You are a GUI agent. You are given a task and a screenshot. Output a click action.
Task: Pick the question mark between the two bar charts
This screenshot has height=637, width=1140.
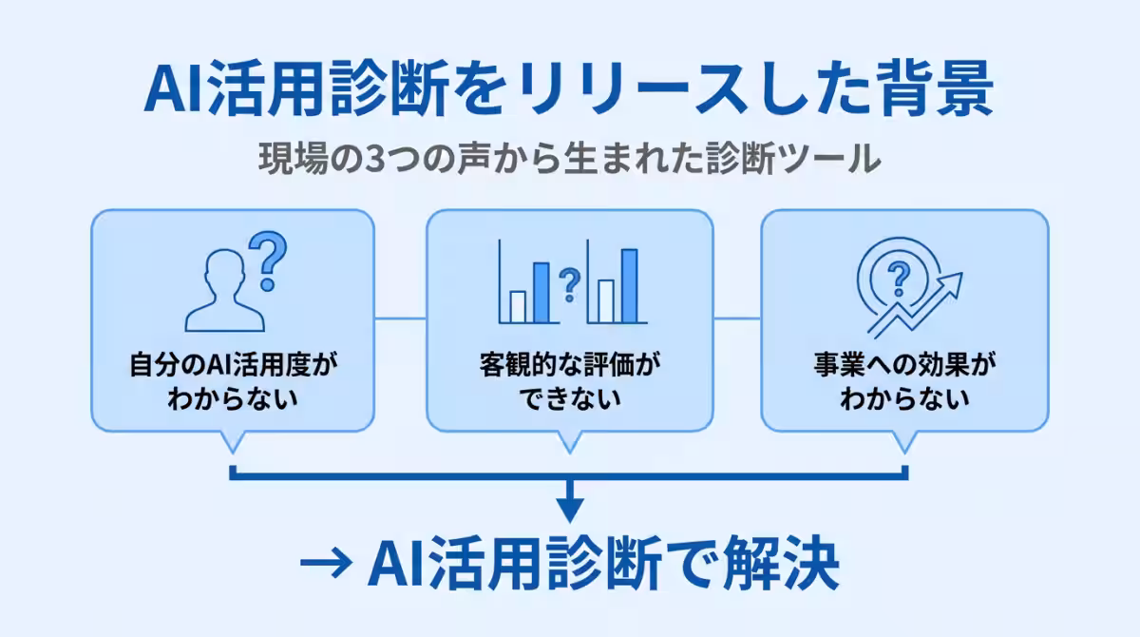pos(569,282)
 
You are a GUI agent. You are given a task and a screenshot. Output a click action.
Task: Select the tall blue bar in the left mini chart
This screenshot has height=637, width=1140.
pos(541,293)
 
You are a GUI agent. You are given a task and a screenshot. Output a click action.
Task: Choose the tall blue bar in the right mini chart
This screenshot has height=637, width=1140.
pos(629,286)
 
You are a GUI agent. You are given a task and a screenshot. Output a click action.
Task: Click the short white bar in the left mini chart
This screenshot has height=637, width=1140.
pos(518,307)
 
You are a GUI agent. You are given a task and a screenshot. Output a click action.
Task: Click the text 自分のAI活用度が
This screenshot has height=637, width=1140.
pos(233,365)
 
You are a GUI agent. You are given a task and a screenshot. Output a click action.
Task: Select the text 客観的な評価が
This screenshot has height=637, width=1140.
pos(569,365)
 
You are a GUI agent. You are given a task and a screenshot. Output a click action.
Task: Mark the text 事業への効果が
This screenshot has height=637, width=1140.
pos(905,365)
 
